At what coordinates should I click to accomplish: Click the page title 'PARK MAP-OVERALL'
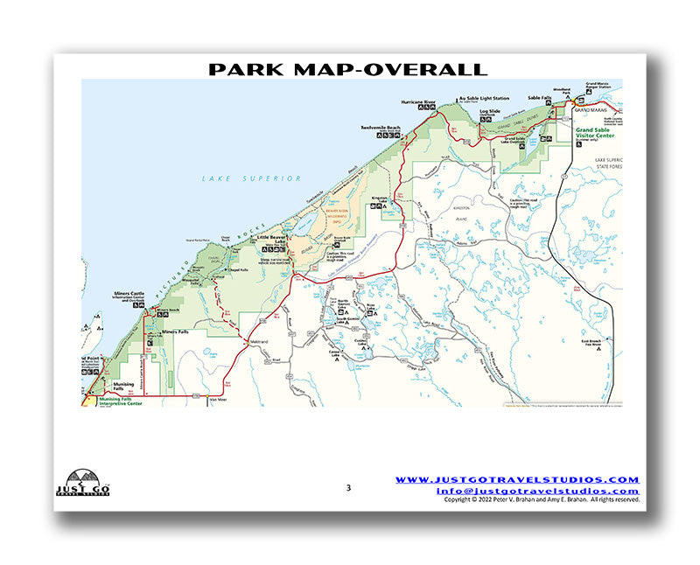point(347,69)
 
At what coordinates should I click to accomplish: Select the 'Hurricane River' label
point(418,102)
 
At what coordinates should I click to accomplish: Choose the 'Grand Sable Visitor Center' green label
point(597,134)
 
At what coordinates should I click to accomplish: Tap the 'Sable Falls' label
point(540,99)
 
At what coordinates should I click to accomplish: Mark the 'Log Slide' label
point(490,113)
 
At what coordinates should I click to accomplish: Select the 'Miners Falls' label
point(175,331)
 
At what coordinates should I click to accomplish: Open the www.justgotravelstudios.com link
point(517,479)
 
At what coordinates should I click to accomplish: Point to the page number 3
point(347,487)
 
